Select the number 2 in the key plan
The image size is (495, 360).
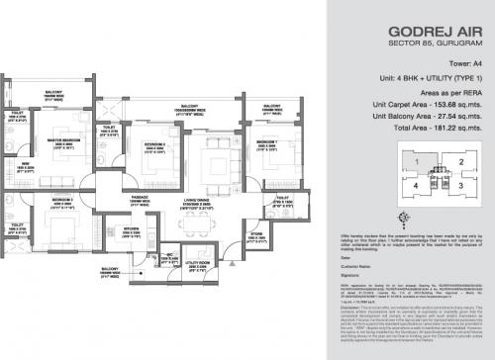(460, 162)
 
